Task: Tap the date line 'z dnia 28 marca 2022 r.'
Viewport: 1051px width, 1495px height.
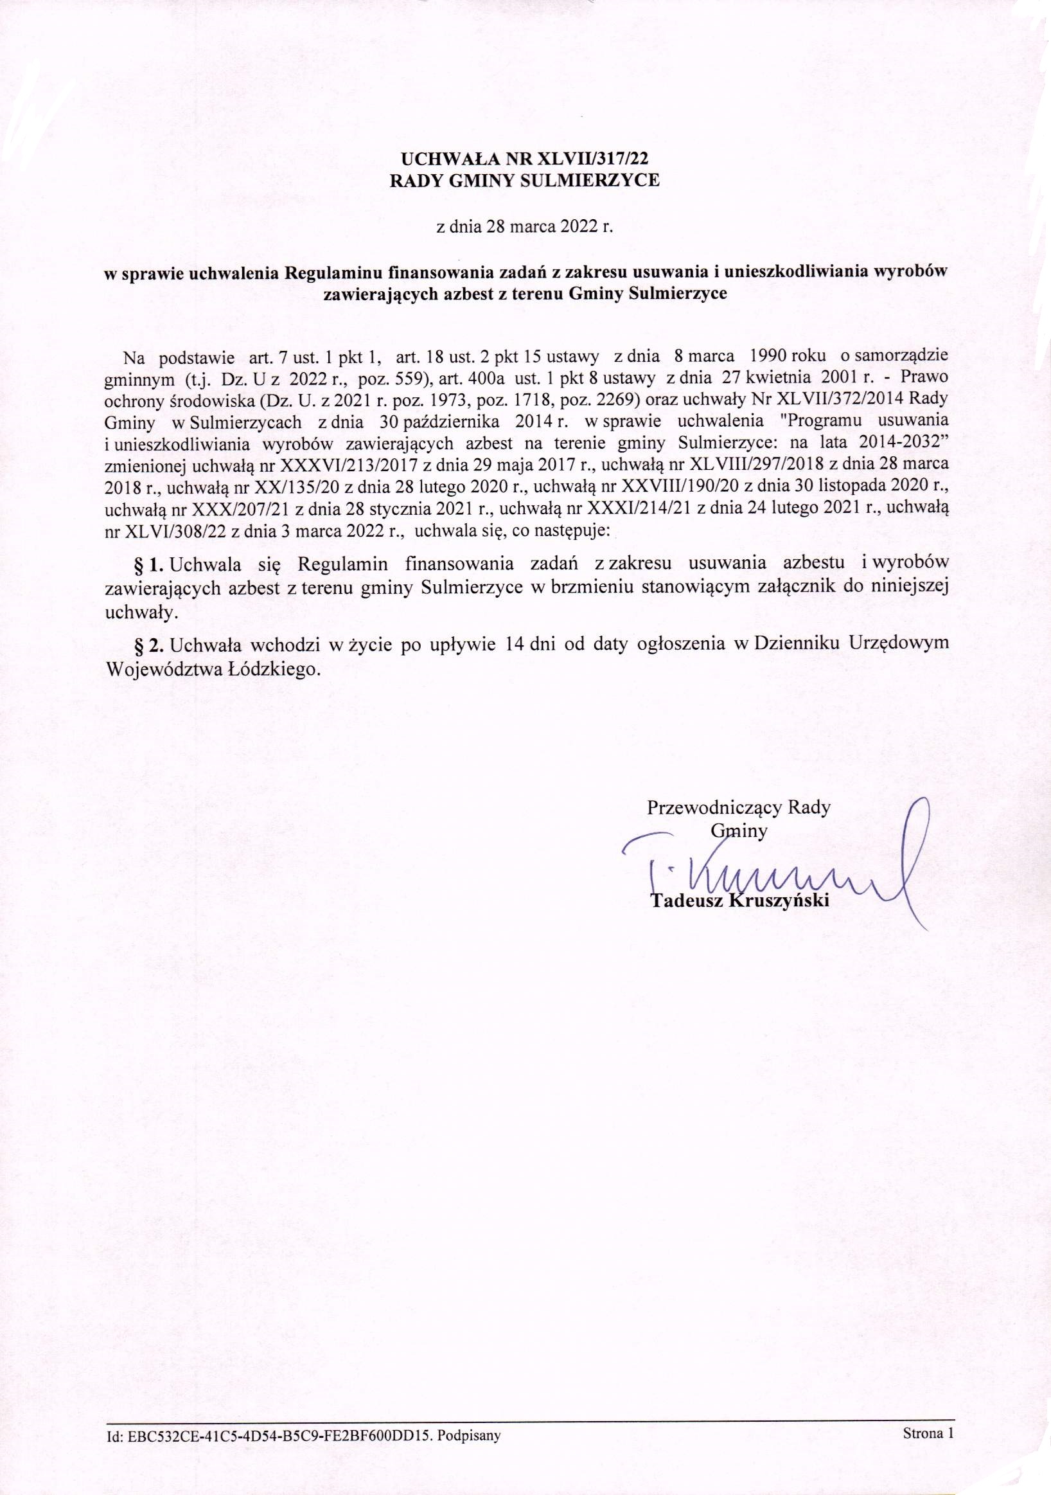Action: point(524,228)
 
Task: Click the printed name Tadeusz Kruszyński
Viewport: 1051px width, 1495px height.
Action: point(741,901)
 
